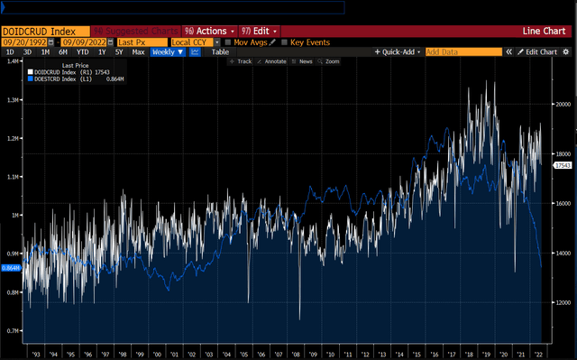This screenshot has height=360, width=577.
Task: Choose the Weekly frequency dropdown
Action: pos(168,52)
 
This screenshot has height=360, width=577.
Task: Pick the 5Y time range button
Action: pos(120,52)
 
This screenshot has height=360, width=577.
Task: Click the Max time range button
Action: pos(138,52)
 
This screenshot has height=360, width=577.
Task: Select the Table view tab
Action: pos(220,52)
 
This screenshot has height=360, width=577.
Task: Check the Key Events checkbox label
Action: pos(308,42)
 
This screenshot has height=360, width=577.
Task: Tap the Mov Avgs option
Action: pos(252,42)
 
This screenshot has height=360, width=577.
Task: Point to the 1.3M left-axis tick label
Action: pos(13,99)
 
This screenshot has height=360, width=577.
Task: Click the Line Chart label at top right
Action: pos(544,31)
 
